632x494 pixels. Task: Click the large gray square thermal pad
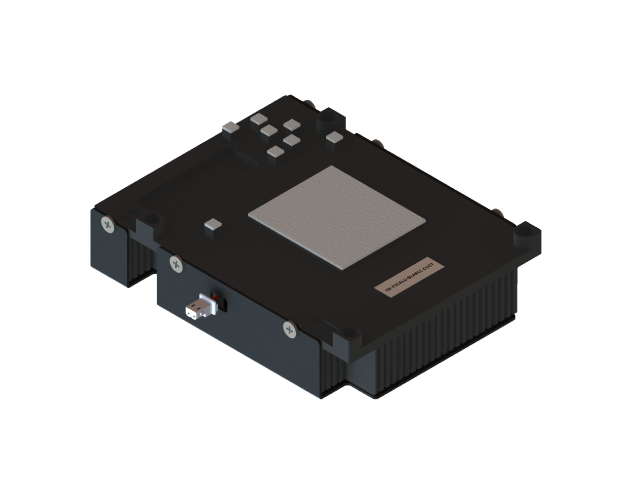point(338,217)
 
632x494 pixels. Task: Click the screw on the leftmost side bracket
point(107,224)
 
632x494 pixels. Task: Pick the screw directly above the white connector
point(175,263)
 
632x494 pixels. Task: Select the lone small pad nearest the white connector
point(213,226)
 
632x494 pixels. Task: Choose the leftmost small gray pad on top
point(230,128)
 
